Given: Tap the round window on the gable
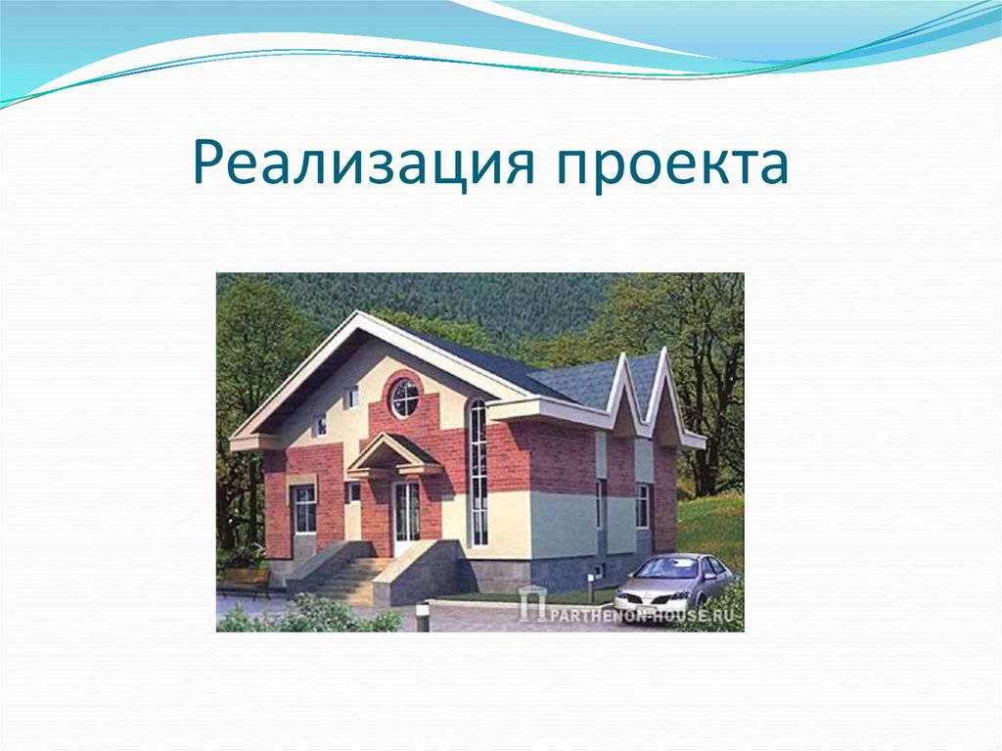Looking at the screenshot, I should tap(404, 398).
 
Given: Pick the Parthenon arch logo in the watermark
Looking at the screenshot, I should tap(531, 604).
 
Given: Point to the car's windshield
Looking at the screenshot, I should tap(666, 568).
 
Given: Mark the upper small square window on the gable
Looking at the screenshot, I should tap(350, 397).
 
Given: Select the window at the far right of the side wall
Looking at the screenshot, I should tap(642, 505).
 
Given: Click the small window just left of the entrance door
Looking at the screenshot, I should tap(354, 493).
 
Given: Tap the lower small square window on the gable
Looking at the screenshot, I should tap(319, 425).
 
